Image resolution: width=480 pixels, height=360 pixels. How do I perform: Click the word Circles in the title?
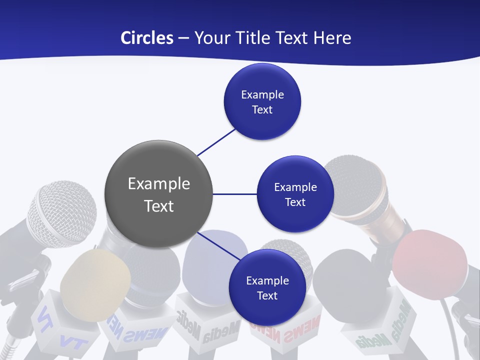[x=146, y=38]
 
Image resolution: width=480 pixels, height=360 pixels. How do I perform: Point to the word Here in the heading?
[x=332, y=38]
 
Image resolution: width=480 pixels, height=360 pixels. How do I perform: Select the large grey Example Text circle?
[x=159, y=194]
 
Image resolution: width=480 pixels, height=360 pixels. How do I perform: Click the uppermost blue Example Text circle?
[x=262, y=101]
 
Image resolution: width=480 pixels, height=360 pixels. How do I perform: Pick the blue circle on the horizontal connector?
[x=295, y=194]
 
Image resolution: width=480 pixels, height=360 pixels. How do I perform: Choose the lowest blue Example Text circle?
[x=267, y=287]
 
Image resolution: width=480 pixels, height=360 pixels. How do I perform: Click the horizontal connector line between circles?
[x=234, y=194]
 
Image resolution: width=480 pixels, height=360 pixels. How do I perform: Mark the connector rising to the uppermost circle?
[x=216, y=142]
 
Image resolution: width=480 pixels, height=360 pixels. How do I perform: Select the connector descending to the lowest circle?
[x=218, y=246]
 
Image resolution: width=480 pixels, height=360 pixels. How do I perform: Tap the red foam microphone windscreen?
[x=429, y=264]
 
